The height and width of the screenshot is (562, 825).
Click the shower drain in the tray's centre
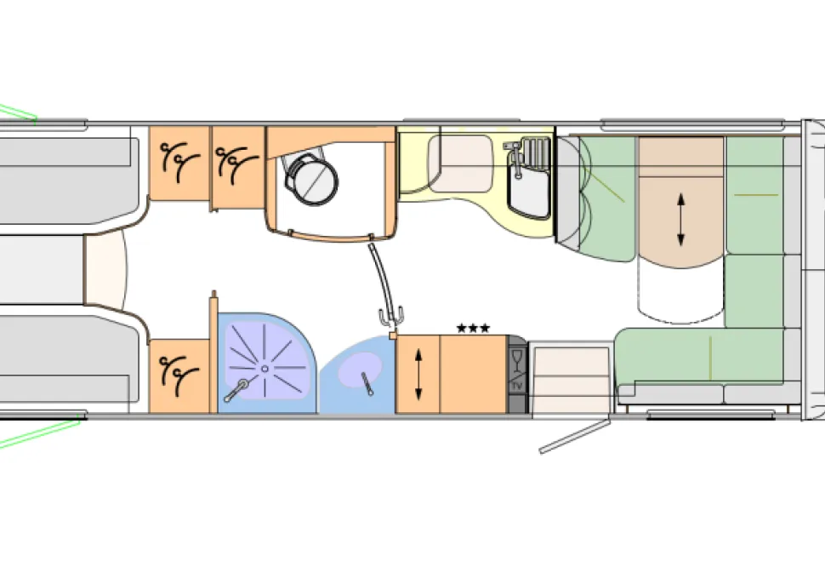(x=265, y=369)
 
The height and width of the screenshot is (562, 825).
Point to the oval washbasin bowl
(x=360, y=370)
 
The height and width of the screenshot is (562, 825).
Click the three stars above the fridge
(x=473, y=329)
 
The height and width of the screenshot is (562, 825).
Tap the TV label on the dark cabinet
(x=517, y=387)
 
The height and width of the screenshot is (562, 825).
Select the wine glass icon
(x=516, y=360)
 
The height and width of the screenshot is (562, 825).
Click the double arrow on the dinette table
(x=680, y=220)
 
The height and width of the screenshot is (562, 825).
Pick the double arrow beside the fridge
(x=418, y=375)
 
